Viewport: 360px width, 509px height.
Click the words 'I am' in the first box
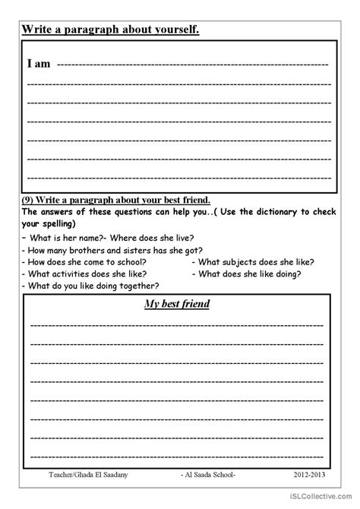(x=39, y=65)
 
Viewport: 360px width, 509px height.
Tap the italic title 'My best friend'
(x=178, y=305)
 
